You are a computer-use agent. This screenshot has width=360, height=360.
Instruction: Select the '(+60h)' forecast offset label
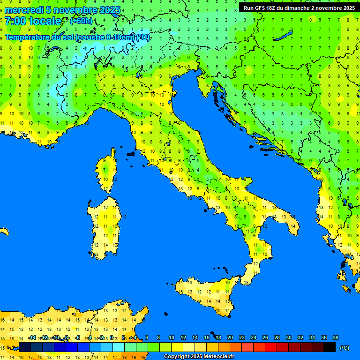(x=81, y=21)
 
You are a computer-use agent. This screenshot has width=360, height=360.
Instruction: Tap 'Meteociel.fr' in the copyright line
(x=217, y=357)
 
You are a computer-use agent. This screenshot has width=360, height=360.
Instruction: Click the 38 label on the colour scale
(x=335, y=337)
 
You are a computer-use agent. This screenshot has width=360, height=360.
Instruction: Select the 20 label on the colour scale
(x=230, y=337)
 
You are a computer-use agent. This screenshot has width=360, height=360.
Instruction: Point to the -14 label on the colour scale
(x=32, y=337)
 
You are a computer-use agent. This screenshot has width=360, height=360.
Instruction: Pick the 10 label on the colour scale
(x=171, y=337)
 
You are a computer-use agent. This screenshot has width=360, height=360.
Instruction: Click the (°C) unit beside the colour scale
(x=345, y=348)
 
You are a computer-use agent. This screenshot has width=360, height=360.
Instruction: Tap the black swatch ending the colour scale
(x=330, y=347)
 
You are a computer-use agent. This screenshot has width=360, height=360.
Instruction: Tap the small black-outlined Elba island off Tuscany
(x=131, y=153)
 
